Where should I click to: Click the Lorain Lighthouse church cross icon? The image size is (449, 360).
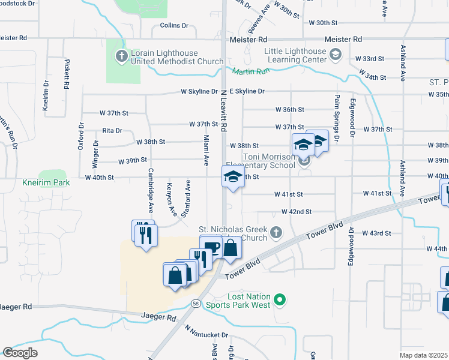(121, 56)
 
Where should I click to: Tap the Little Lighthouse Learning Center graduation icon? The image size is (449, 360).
(336, 55)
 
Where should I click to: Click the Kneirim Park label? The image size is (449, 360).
(46, 182)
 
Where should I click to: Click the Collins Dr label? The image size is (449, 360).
(174, 26)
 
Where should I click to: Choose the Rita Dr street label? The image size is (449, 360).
(112, 130)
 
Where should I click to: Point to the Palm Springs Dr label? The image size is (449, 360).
(337, 118)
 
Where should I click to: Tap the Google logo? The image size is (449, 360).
(20, 353)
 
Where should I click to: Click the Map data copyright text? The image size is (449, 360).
(424, 355)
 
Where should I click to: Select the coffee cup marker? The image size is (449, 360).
(211, 247)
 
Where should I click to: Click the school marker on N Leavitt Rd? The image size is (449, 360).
(233, 177)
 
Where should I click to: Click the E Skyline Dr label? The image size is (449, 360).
(244, 91)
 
